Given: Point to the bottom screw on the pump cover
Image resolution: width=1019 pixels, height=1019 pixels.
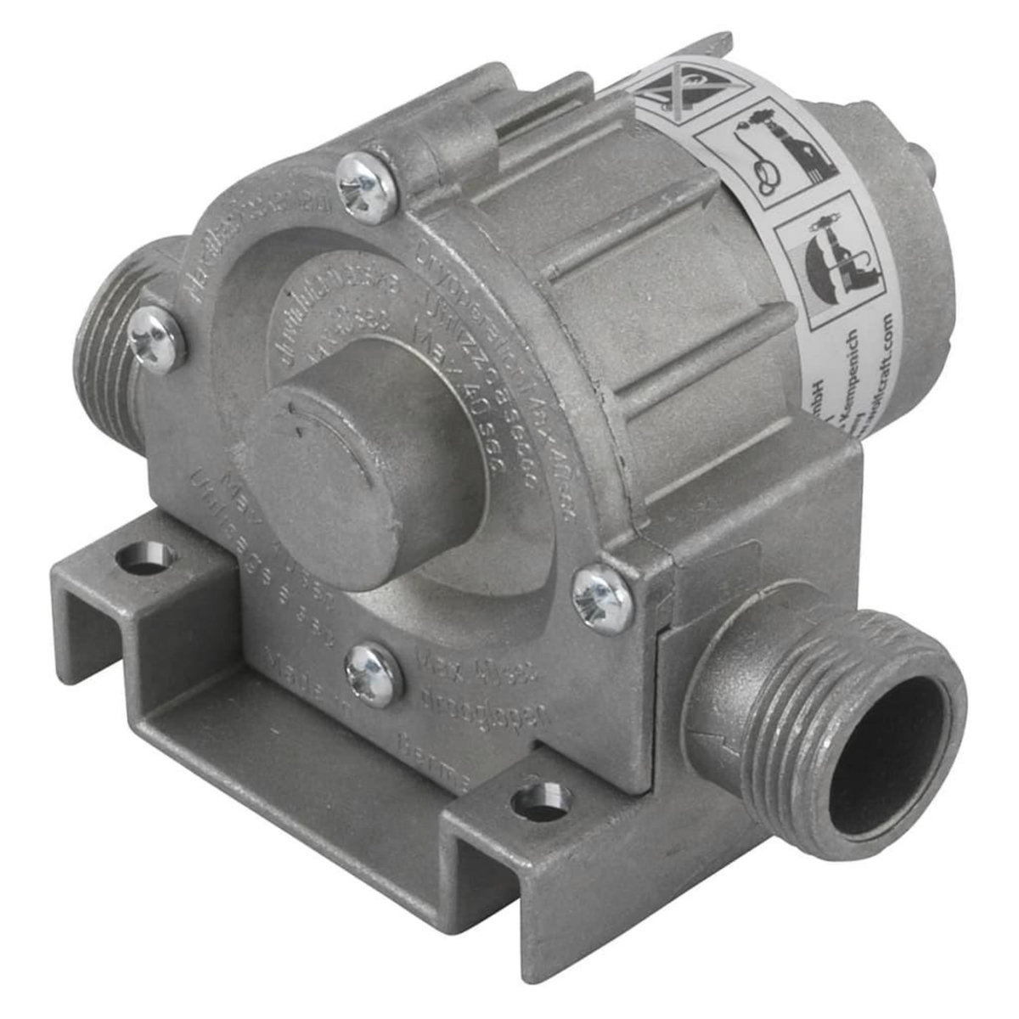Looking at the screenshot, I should pos(372,675).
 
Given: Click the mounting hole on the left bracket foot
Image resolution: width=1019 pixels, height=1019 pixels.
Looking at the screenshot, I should pos(145,559).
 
